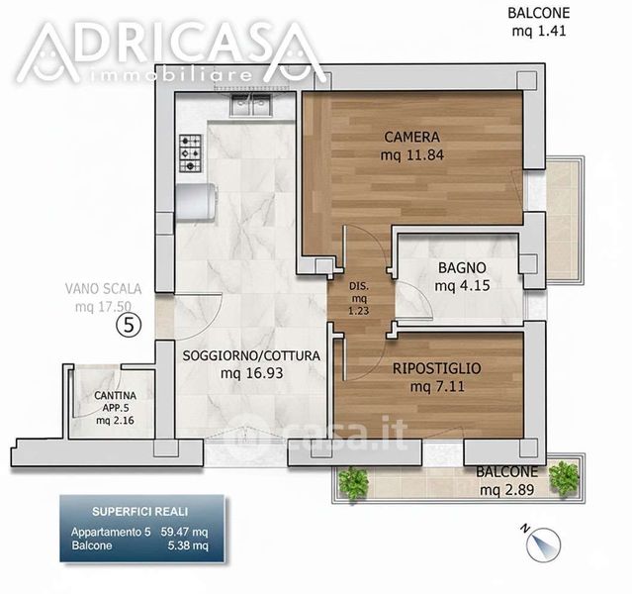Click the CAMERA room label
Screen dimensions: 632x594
click(411, 137)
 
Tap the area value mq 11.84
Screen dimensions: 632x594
click(411, 155)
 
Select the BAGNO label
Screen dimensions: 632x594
click(462, 267)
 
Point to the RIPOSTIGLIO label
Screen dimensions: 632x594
click(437, 368)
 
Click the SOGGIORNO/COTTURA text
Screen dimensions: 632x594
click(251, 355)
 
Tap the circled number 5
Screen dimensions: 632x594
click(129, 326)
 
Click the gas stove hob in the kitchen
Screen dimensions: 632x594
click(190, 153)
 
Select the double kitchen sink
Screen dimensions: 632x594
click(250, 105)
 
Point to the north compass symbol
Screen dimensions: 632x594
click(542, 544)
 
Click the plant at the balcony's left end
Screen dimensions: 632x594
click(353, 483)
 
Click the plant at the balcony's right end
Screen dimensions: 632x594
click(565, 479)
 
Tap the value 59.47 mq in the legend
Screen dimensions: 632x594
click(185, 532)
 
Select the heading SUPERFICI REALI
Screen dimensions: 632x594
click(139, 512)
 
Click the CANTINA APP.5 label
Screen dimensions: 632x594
click(116, 402)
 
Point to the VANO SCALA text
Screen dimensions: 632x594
click(103, 289)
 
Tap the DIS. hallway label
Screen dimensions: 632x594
click(359, 286)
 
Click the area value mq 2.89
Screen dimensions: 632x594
click(507, 490)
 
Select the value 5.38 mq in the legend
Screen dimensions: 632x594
click(188, 545)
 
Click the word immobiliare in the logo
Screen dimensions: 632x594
click(169, 75)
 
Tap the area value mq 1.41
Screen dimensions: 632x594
click(539, 31)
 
